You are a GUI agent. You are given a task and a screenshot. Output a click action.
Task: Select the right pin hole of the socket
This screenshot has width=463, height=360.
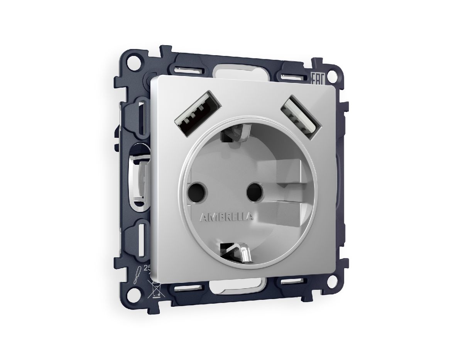254,189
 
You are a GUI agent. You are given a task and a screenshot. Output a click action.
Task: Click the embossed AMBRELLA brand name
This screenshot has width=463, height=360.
227,217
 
